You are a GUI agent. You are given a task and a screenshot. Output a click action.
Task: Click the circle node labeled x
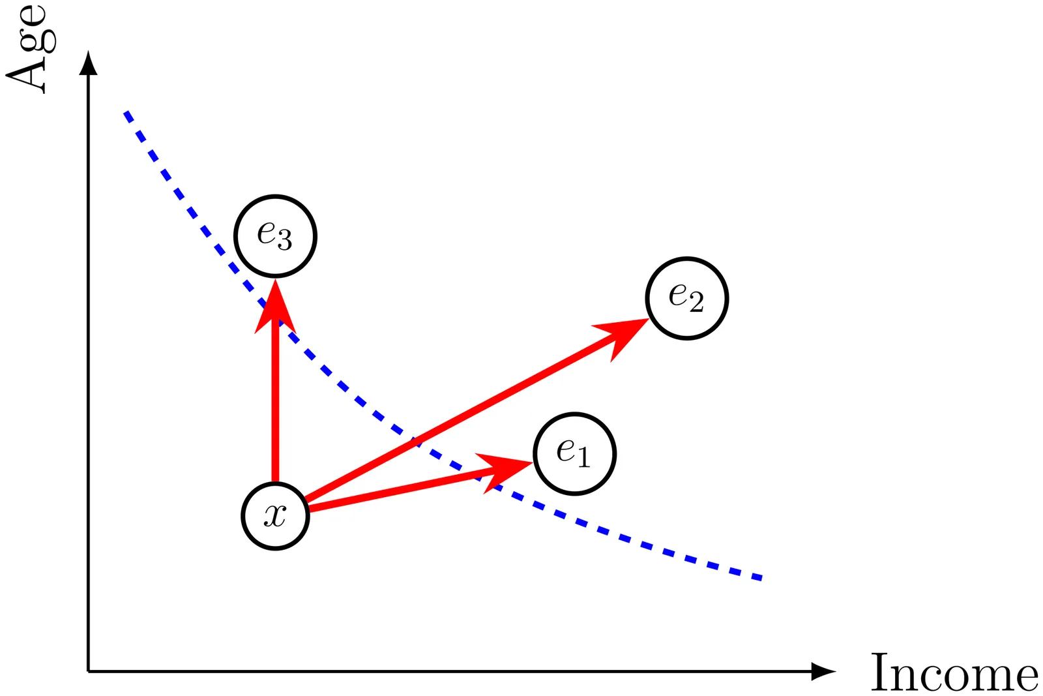275,516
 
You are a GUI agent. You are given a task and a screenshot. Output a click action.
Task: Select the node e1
574,453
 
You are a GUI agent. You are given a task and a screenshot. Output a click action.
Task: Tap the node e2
686,298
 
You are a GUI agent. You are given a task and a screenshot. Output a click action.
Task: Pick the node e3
275,235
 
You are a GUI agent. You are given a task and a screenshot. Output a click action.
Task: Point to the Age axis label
29,49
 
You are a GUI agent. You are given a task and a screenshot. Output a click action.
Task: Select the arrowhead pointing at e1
506,468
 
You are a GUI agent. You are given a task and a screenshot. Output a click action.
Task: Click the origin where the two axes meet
88,671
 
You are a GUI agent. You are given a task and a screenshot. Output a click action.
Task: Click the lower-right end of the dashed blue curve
760,578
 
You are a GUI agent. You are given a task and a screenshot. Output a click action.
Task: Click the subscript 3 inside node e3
284,242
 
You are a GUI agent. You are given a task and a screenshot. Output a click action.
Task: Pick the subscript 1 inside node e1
583,459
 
